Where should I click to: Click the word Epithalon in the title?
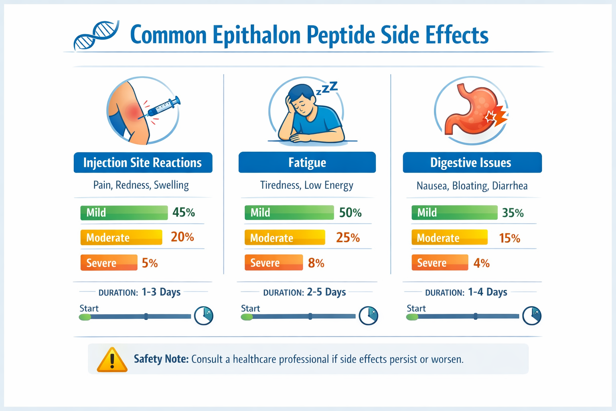(256, 35)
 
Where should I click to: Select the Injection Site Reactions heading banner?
(143, 163)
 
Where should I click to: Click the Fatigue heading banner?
(307, 163)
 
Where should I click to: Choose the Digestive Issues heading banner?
(472, 163)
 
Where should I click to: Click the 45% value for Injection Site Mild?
(184, 212)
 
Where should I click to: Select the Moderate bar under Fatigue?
(285, 238)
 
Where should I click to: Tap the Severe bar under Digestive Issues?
(440, 263)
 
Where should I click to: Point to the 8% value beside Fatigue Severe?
(316, 263)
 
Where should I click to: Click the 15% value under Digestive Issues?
(509, 238)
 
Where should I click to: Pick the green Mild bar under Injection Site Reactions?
(124, 212)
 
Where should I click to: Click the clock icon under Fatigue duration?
(368, 316)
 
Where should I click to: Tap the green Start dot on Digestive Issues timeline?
(412, 317)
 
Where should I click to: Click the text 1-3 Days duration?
(161, 292)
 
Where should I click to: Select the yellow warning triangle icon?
(112, 360)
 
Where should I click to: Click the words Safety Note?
(161, 359)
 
